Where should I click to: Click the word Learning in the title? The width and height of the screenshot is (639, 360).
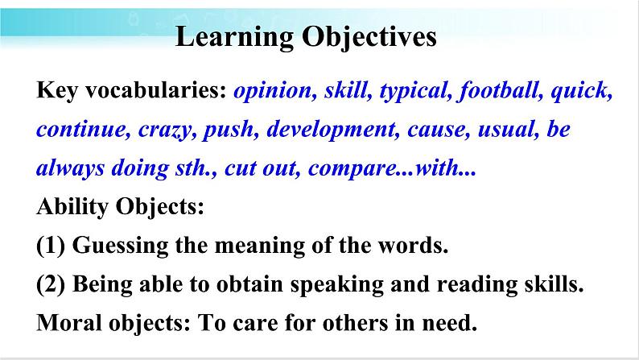(234, 38)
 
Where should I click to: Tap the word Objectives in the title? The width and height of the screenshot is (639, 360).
(369, 38)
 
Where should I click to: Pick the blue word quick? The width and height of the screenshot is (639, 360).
(581, 91)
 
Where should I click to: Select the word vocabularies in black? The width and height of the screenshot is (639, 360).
(155, 90)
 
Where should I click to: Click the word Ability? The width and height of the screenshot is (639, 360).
(72, 207)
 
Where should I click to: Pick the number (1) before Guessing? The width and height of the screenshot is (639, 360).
(51, 246)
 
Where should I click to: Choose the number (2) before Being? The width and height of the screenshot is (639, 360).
(51, 284)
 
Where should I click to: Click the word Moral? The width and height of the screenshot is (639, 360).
(69, 322)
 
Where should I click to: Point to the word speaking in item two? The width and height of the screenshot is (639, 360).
(337, 285)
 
